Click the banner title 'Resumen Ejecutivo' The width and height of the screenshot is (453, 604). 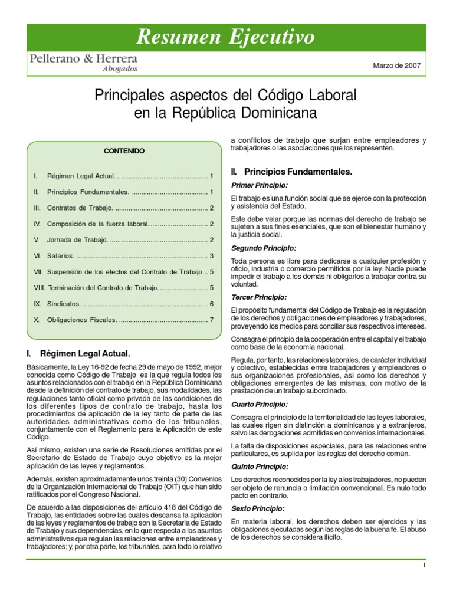point(226,37)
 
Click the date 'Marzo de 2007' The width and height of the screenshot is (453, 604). point(396,65)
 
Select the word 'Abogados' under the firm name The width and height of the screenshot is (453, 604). point(120,69)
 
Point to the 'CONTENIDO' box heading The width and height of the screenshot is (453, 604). point(124,151)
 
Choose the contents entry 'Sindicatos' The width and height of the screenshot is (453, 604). point(63,304)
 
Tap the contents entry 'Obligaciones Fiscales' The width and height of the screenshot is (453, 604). point(84,320)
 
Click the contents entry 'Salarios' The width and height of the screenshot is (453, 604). point(60,256)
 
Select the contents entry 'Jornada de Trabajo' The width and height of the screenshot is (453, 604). point(77,240)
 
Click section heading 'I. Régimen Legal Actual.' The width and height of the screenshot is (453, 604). point(78,354)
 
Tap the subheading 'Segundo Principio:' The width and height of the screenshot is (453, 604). point(263,248)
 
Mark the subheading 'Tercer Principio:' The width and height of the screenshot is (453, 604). point(259,297)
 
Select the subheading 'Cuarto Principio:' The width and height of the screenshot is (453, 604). point(260,405)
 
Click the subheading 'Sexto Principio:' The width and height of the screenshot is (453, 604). point(258,508)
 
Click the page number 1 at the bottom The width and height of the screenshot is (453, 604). point(424,566)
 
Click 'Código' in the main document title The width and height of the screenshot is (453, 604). point(281,94)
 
